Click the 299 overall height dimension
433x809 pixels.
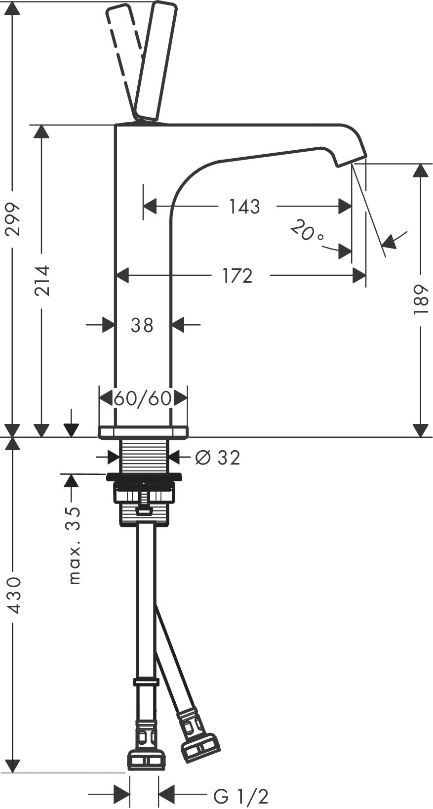point(14,219)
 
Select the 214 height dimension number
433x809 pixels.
point(42,280)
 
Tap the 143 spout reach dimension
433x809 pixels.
point(244,207)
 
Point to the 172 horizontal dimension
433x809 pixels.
point(237,276)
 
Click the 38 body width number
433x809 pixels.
point(142,325)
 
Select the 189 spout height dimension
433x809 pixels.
point(420,299)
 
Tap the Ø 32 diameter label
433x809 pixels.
point(217,458)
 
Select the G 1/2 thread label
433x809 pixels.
point(241,796)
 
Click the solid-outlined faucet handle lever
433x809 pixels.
point(156,59)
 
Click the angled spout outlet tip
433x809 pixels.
point(351,160)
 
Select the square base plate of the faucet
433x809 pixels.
point(143,431)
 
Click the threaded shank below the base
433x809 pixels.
point(145,455)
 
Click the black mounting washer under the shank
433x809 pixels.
point(144,477)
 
